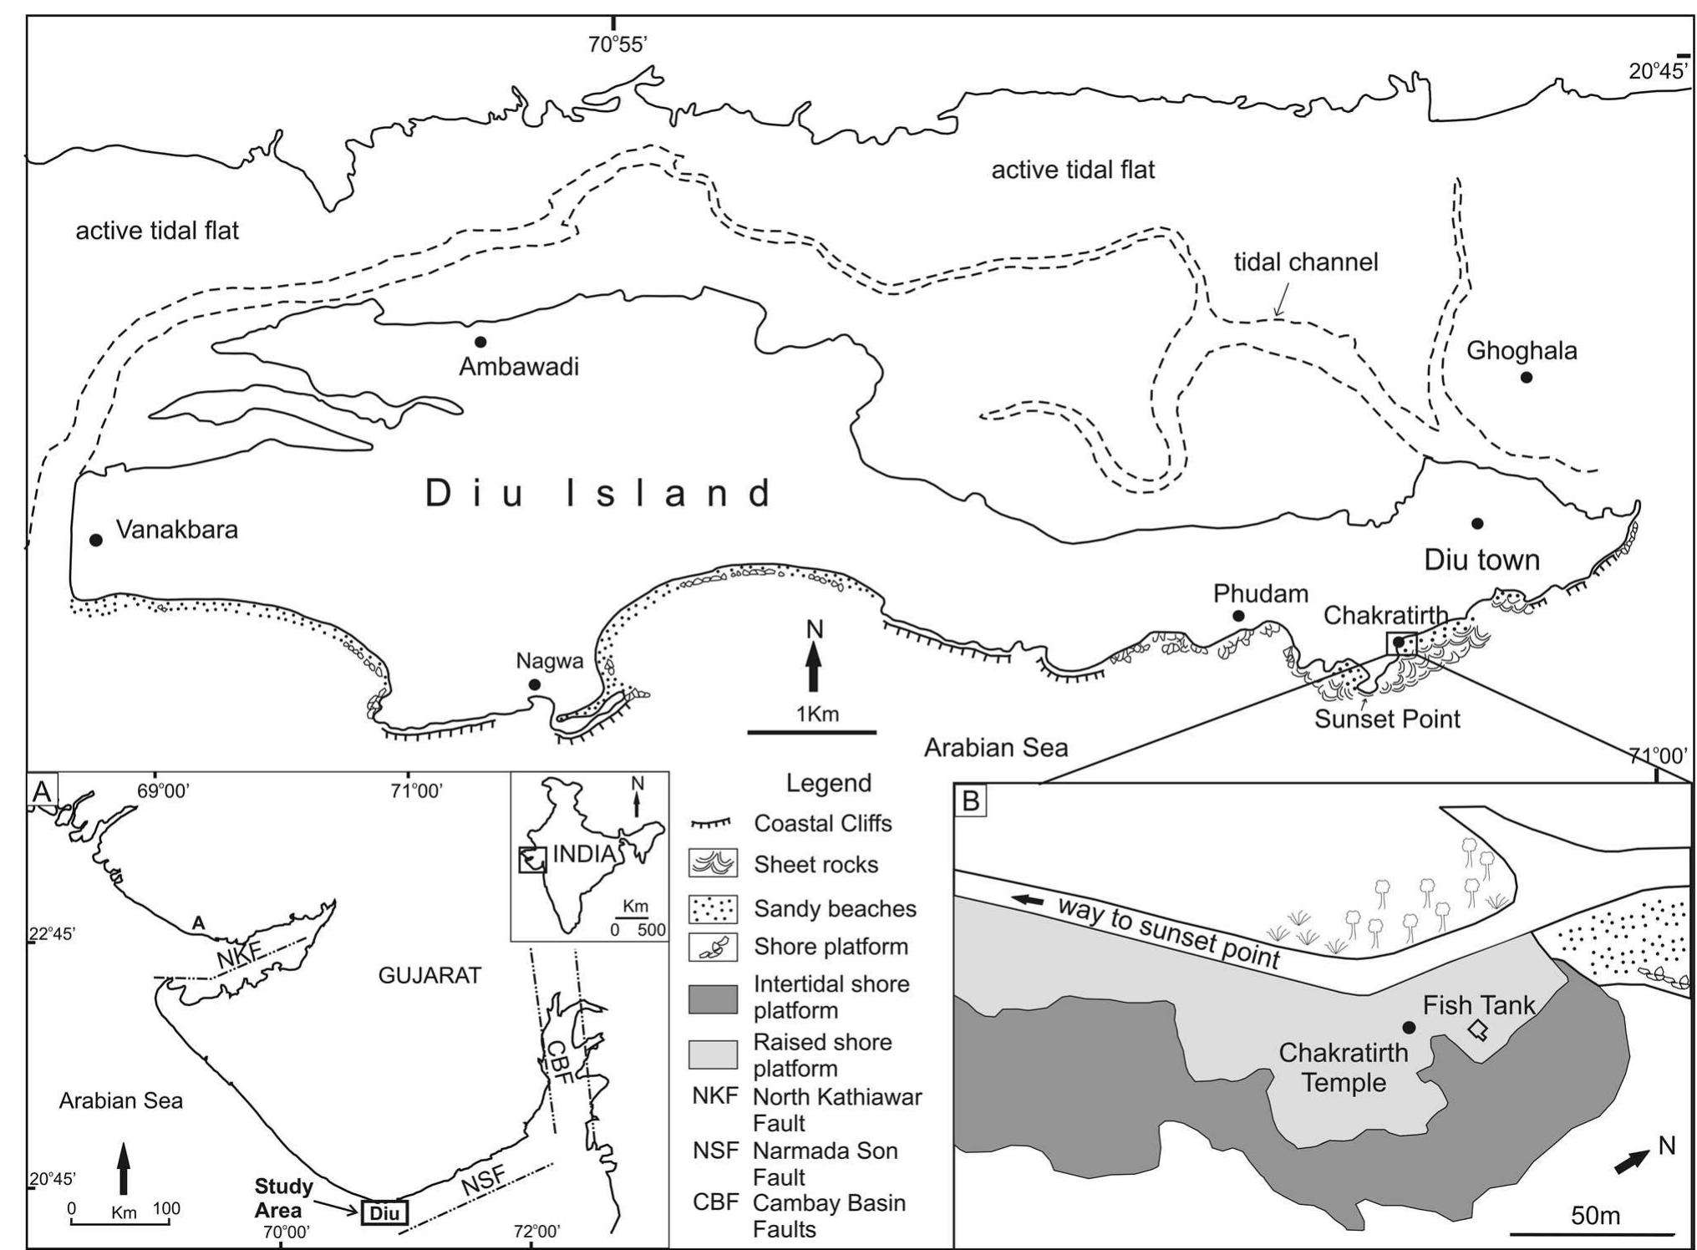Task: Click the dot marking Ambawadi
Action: click(x=480, y=342)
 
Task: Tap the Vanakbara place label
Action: click(x=176, y=530)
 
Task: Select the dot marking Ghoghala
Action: click(x=1526, y=378)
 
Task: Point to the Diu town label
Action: click(x=1481, y=559)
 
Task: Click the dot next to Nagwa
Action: click(x=534, y=685)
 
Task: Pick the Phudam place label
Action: click(x=1260, y=594)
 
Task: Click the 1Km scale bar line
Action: click(x=811, y=733)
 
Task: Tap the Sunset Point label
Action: click(x=1387, y=719)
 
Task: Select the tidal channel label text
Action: click(x=1306, y=262)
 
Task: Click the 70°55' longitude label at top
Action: click(x=617, y=45)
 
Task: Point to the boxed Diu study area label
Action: click(x=384, y=1212)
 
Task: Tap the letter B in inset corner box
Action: click(x=971, y=800)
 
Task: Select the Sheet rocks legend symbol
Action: click(x=713, y=864)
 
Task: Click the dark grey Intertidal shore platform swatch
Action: click(x=713, y=998)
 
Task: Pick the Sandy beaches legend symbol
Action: click(x=713, y=909)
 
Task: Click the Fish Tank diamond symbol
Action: click(x=1479, y=1029)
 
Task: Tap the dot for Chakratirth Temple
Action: click(x=1409, y=1027)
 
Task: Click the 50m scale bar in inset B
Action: click(x=1592, y=1233)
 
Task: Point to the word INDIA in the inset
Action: click(x=584, y=854)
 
